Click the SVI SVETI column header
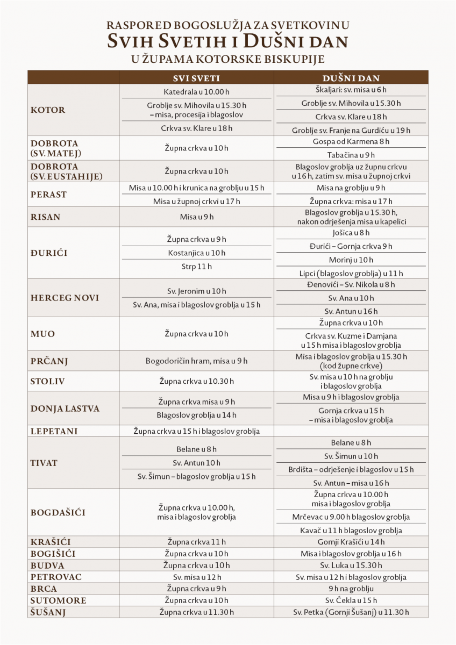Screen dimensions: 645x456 click(x=196, y=77)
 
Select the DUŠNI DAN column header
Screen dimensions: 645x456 click(x=351, y=77)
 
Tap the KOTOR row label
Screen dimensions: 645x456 click(x=48, y=110)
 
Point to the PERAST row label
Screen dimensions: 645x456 click(x=49, y=195)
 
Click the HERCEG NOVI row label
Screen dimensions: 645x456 click(x=65, y=298)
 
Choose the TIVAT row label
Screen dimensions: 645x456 click(x=44, y=463)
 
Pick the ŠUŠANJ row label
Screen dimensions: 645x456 click(x=48, y=612)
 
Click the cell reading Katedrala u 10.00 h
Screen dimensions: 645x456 click(x=196, y=91)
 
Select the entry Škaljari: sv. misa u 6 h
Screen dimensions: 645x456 click(x=351, y=90)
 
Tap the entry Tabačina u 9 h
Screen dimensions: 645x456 click(x=351, y=154)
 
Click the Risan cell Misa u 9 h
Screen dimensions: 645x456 click(x=196, y=217)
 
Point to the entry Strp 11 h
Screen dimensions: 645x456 click(x=196, y=266)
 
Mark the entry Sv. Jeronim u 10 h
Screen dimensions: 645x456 click(x=196, y=291)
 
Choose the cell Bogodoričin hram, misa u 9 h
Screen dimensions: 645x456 click(x=196, y=361)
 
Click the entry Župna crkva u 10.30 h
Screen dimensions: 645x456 click(x=196, y=381)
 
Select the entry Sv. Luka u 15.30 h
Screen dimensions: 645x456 click(x=351, y=565)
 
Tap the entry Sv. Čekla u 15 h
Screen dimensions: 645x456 click(x=351, y=600)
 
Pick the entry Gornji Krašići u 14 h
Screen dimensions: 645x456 click(x=351, y=542)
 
